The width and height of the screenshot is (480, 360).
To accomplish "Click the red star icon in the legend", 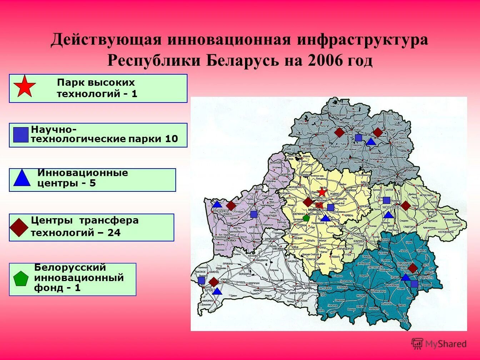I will [25, 86].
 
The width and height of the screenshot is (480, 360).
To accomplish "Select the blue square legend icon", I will [20, 135].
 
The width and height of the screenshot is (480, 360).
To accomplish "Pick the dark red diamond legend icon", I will [19, 227].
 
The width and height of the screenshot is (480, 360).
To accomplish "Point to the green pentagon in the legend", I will [21, 279].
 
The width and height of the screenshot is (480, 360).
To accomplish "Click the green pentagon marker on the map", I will [306, 217].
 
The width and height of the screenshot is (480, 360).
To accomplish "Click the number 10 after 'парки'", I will [171, 139].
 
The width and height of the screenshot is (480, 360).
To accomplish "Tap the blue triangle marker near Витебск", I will [371, 142].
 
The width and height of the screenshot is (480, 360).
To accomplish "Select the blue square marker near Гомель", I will [414, 284].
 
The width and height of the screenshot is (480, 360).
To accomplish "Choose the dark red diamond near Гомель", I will [413, 268].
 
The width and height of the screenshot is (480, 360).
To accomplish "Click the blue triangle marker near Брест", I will [217, 291].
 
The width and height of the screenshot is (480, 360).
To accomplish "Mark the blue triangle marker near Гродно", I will [217, 205].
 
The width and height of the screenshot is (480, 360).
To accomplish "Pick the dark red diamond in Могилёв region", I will [405, 205].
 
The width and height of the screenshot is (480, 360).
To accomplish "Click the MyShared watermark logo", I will [439, 344].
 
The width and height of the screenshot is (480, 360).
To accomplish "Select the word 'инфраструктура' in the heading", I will [362, 40].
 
